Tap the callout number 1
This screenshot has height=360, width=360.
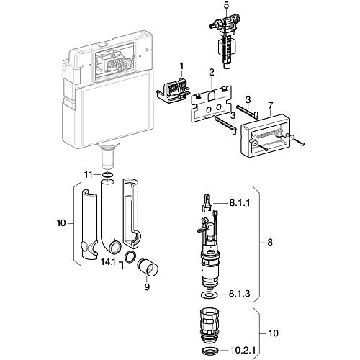tap(181, 66)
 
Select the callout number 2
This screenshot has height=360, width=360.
tap(211, 73)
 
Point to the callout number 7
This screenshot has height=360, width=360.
tap(271, 105)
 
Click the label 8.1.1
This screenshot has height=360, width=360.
tap(240, 203)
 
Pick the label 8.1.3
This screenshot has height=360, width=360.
tap(239, 294)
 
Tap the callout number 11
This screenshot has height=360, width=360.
tap(88, 174)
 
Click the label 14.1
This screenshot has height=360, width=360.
tap(108, 262)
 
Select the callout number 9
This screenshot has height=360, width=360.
tap(147, 287)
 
